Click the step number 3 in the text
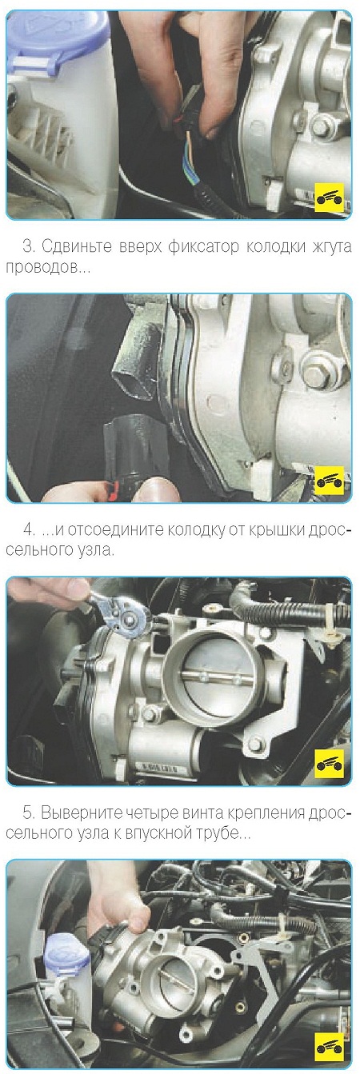28,246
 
